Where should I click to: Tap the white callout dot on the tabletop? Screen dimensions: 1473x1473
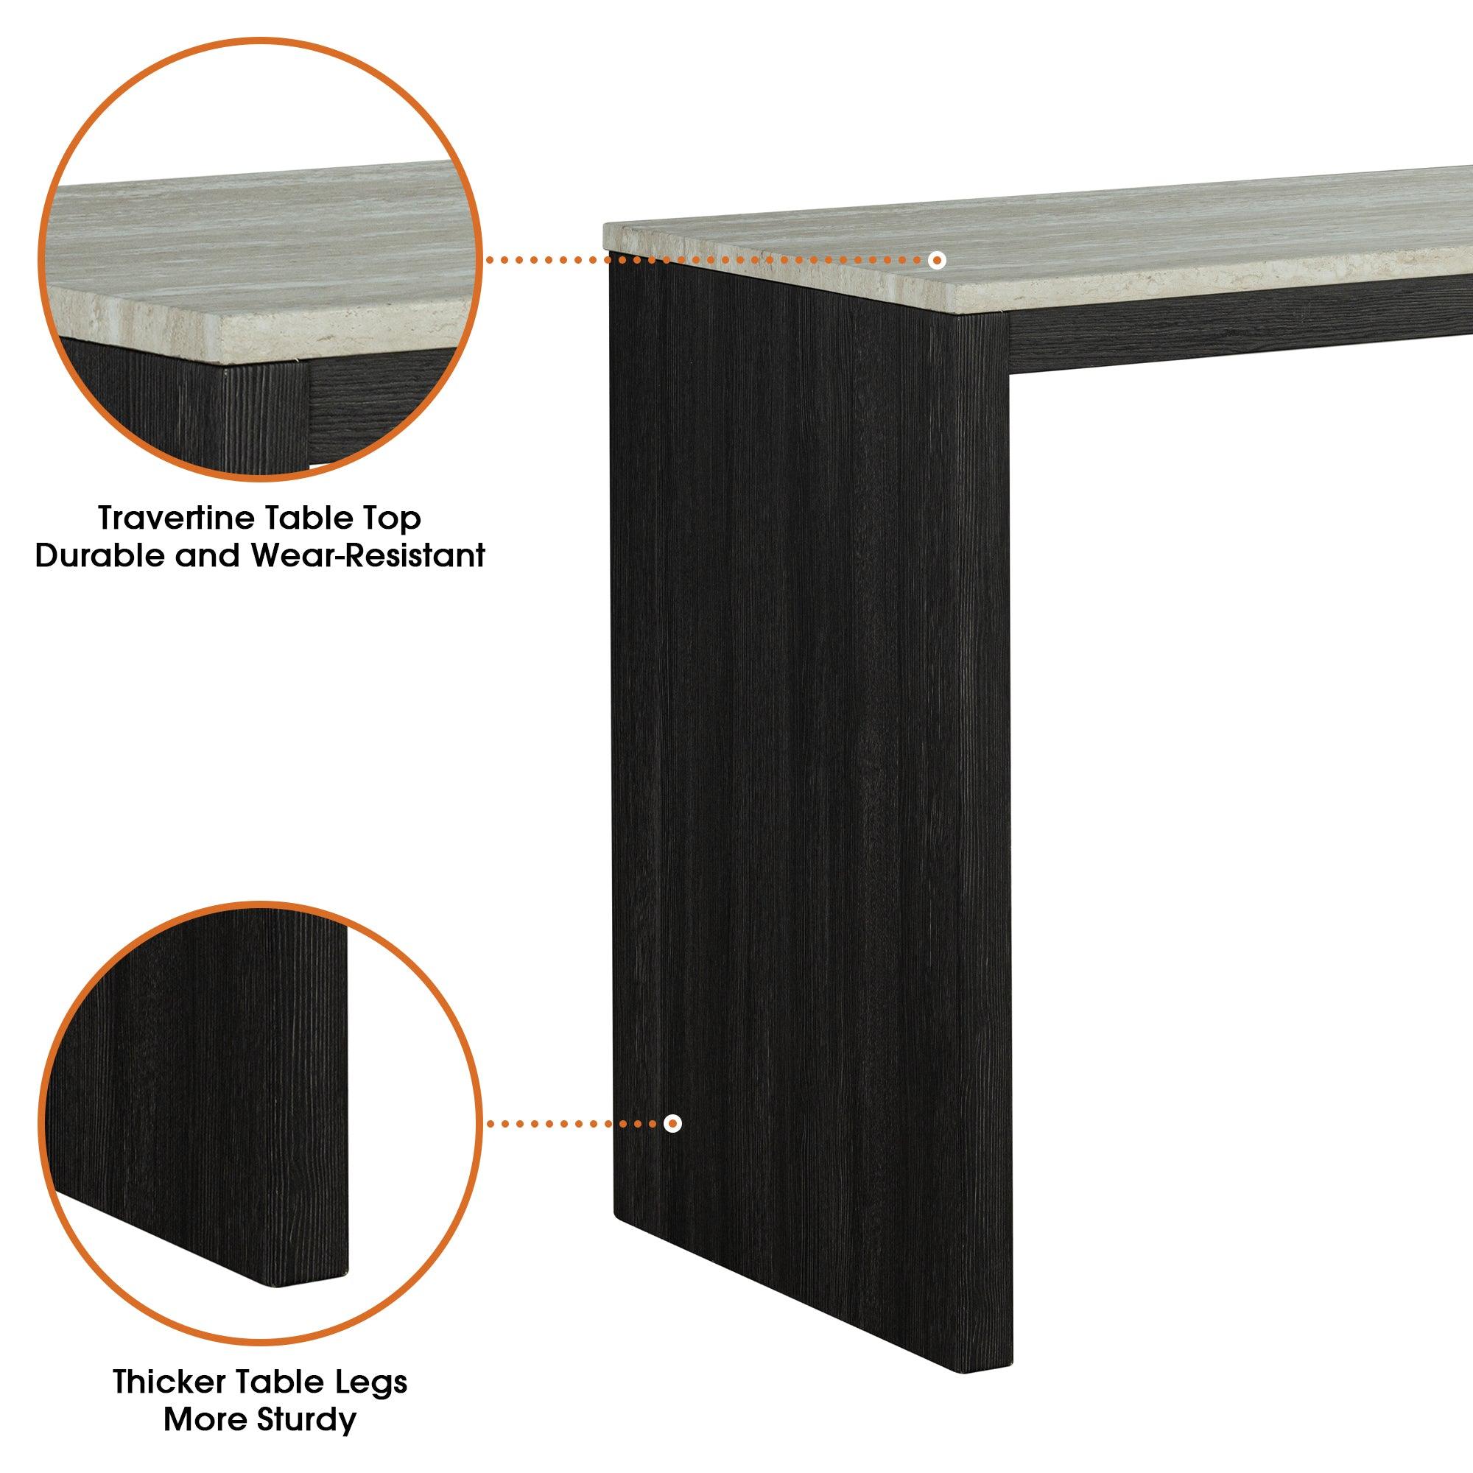click(x=938, y=260)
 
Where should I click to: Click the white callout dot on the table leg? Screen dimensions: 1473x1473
click(x=672, y=1145)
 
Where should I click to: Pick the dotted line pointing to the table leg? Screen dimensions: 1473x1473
click(x=575, y=1145)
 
